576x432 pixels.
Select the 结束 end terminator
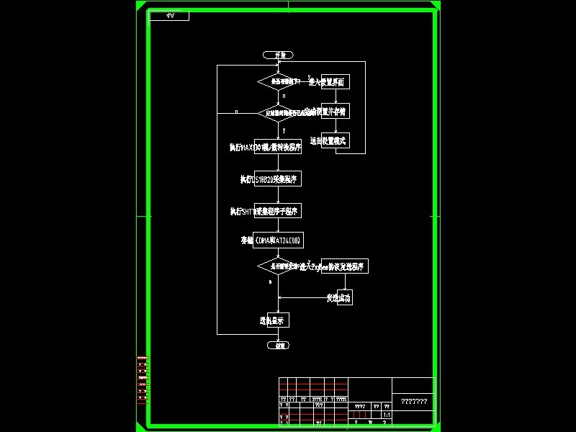tap(278, 346)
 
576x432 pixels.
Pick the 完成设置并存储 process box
tap(335, 112)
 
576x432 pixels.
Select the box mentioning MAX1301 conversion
tap(278, 147)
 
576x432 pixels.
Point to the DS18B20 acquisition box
tap(278, 179)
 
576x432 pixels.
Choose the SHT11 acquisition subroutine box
tap(278, 211)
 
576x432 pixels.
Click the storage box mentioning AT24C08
tap(278, 239)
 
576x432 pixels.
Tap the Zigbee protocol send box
tap(344, 266)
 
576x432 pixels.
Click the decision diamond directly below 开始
tap(278, 82)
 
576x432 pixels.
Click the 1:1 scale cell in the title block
tap(386, 415)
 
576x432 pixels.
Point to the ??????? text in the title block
tap(414, 402)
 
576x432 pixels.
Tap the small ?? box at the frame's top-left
tap(169, 15)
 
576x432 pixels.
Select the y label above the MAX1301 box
tap(284, 130)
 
